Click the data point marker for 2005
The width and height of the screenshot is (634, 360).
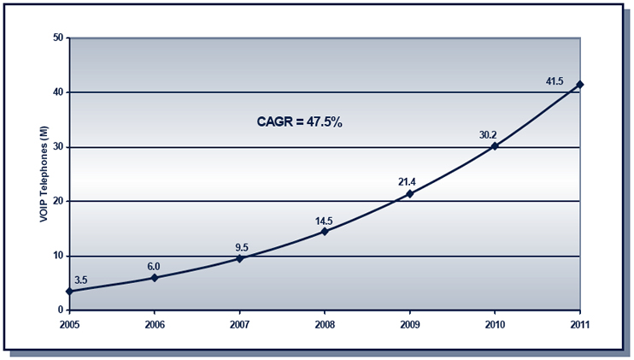coord(69,292)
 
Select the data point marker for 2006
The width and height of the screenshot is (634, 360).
coord(155,278)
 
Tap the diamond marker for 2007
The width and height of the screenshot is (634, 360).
coord(240,258)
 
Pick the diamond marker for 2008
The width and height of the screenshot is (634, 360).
coord(325,232)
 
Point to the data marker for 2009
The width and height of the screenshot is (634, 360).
coord(410,194)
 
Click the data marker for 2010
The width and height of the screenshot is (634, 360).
coord(495,146)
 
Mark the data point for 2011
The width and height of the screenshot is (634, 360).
coord(580,85)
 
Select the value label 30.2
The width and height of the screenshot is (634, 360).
coord(488,133)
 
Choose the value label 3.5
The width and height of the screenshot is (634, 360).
coord(81,280)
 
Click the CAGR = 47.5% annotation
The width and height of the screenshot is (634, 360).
coord(299,122)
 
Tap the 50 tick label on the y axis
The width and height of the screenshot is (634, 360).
coord(58,38)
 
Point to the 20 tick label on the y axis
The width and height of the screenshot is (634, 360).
coord(58,202)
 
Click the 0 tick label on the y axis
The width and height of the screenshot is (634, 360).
coord(61,310)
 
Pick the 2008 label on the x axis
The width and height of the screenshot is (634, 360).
coord(325,325)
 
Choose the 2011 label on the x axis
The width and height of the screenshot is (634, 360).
coord(580,325)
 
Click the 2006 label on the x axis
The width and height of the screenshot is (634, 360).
coord(155,325)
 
